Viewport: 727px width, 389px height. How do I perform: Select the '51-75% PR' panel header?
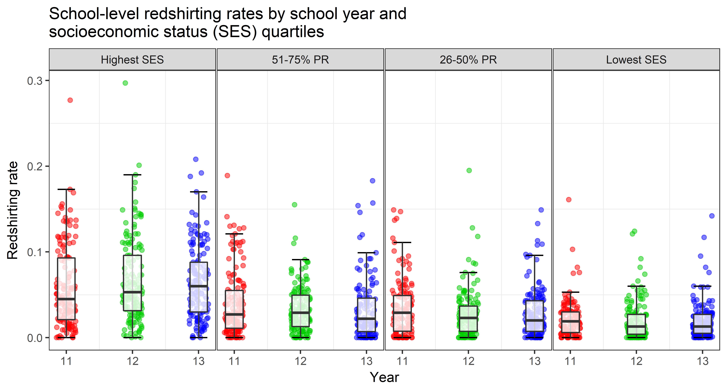point(300,60)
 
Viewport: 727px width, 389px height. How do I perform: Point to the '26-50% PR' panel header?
point(468,60)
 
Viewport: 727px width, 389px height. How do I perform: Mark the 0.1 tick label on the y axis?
point(34,252)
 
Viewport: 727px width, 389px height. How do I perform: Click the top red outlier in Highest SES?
point(70,100)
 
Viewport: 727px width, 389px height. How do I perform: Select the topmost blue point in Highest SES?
point(196,159)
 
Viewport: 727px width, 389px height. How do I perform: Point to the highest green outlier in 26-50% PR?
point(469,170)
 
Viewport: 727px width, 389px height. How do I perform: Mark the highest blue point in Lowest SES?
point(712,216)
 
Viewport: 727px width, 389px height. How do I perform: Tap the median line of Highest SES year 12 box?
point(132,292)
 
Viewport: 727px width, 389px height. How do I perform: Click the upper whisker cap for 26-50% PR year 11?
point(402,242)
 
